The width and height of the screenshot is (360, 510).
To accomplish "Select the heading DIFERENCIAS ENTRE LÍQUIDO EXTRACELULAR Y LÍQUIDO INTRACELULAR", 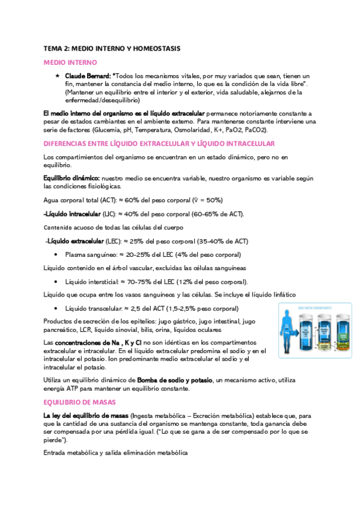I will pyautogui.click(x=159, y=144).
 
